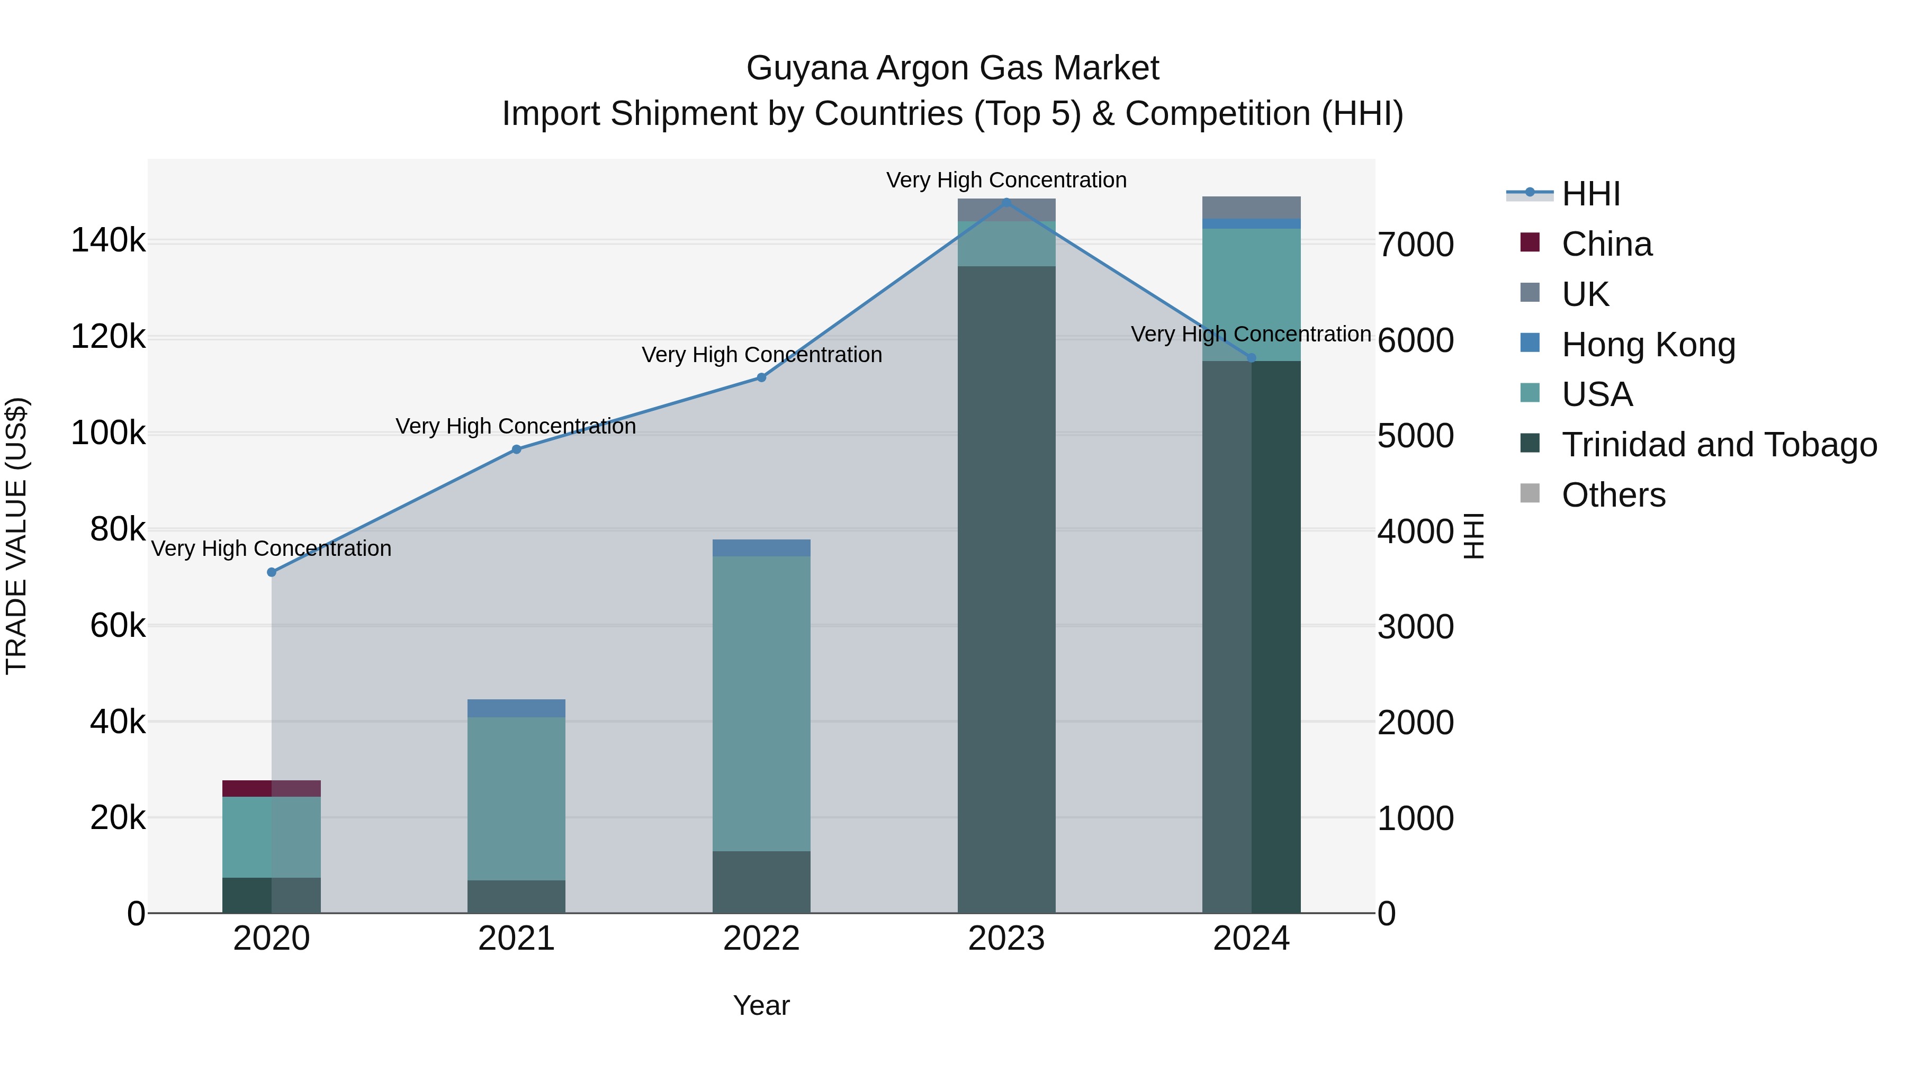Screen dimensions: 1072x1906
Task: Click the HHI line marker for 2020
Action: [x=272, y=572]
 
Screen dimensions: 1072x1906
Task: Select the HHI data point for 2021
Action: [x=516, y=449]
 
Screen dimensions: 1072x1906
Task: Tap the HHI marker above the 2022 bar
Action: [x=761, y=377]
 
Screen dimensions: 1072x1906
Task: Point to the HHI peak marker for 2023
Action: [x=1006, y=201]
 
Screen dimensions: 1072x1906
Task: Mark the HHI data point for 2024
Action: [x=1251, y=358]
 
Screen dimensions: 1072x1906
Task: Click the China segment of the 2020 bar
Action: [x=272, y=788]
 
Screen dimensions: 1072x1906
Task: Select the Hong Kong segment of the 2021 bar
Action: [x=516, y=708]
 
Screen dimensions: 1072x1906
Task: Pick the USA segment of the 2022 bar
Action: [x=761, y=703]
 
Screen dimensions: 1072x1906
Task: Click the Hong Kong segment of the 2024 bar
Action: [x=1251, y=223]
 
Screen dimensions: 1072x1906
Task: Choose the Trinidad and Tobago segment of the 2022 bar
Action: [x=761, y=882]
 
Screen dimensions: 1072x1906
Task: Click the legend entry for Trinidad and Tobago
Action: [x=1719, y=445]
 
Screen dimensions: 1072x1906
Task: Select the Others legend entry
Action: [x=1613, y=495]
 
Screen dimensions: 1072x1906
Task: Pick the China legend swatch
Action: [x=1530, y=242]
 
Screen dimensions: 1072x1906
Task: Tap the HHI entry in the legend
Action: [x=1591, y=194]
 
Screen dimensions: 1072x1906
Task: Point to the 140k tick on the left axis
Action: [x=108, y=241]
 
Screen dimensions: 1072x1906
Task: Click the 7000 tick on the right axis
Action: [x=1415, y=245]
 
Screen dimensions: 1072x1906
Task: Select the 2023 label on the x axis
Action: [x=1006, y=939]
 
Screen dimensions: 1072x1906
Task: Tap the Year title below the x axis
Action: [x=761, y=1005]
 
